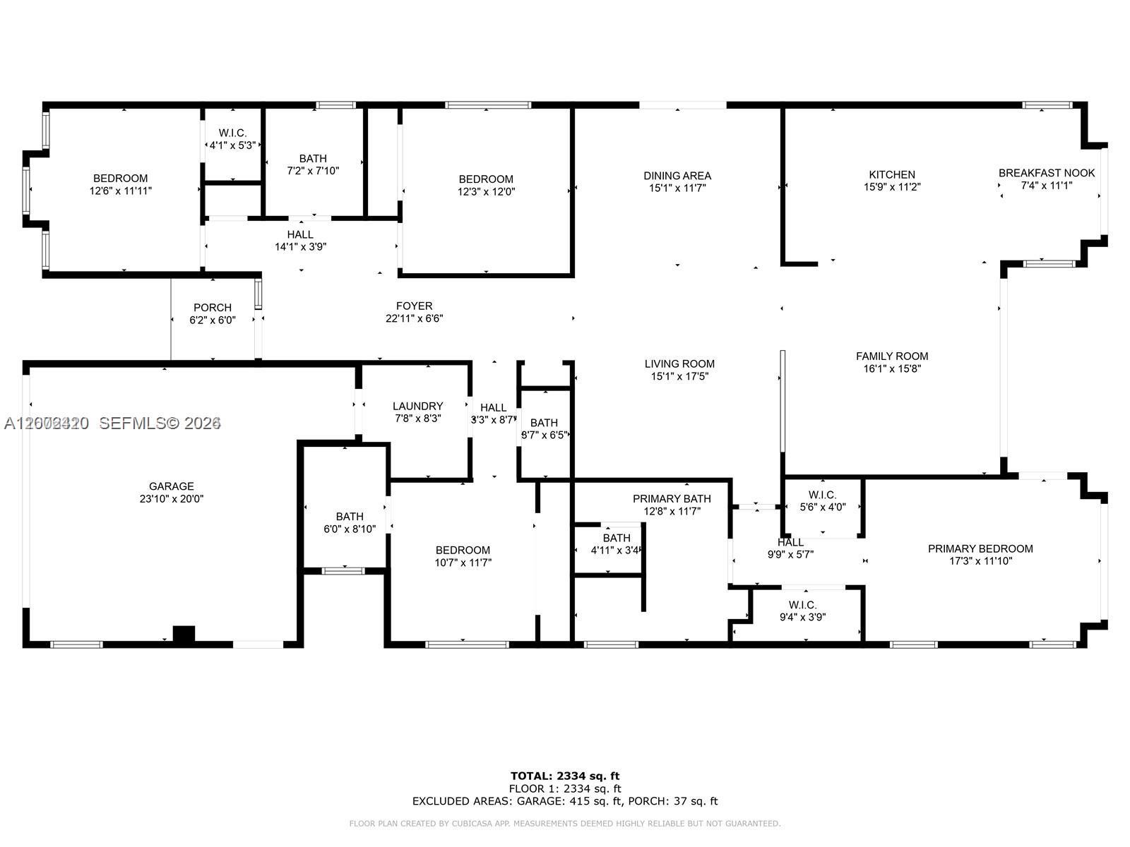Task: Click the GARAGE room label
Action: click(x=171, y=486)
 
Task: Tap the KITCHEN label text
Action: click(x=891, y=174)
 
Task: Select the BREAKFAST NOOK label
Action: click(x=1046, y=173)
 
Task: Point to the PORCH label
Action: click(x=212, y=308)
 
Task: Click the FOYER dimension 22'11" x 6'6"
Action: click(x=414, y=318)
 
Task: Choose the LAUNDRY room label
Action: click(x=417, y=406)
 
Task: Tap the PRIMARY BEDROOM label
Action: click(x=980, y=548)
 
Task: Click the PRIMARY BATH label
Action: click(x=671, y=499)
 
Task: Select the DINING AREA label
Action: click(x=677, y=176)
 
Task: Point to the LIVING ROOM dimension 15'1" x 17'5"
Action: click(x=679, y=377)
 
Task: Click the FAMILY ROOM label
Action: click(x=891, y=356)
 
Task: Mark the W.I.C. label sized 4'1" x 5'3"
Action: click(x=232, y=133)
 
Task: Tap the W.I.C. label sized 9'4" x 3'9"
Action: click(x=802, y=605)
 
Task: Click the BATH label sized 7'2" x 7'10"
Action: click(x=312, y=159)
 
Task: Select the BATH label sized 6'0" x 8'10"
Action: click(x=349, y=517)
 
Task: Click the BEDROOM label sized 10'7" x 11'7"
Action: click(x=463, y=551)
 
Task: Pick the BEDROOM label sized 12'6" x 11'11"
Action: click(x=121, y=179)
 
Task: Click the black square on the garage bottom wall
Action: click(x=184, y=634)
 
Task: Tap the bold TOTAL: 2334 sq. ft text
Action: click(x=565, y=776)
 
